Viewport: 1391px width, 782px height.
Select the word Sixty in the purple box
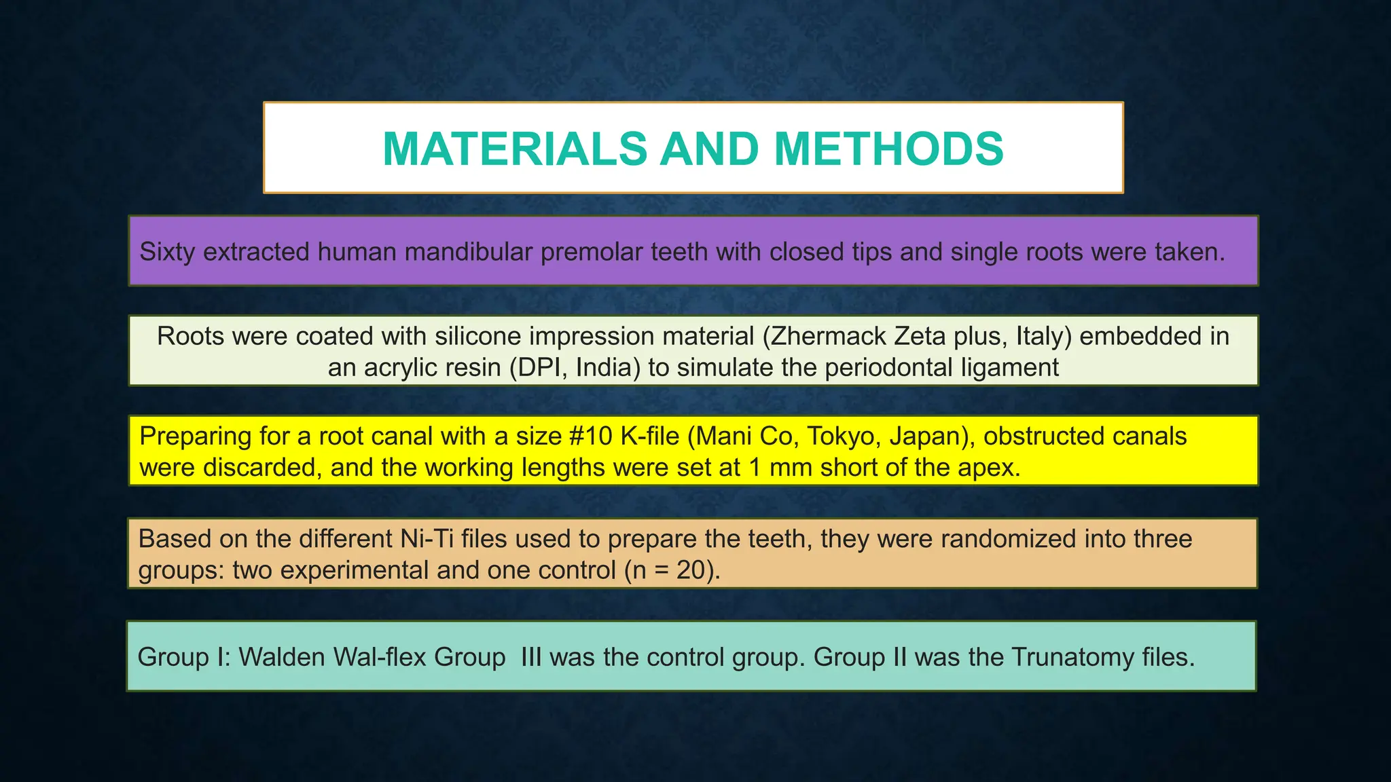pyautogui.click(x=167, y=252)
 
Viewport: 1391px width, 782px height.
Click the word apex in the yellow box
pyautogui.click(x=989, y=467)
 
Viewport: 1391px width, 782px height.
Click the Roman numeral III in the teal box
pyautogui.click(x=531, y=657)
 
